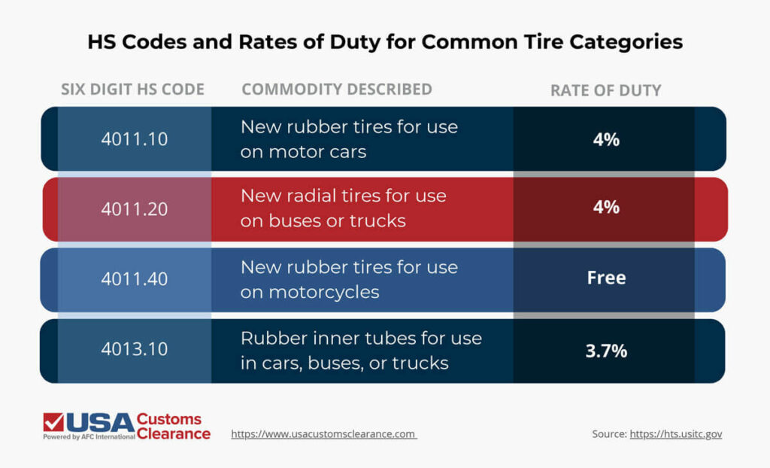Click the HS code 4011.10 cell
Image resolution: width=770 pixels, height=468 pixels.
[134, 139]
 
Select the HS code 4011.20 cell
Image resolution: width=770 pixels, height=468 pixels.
[134, 208]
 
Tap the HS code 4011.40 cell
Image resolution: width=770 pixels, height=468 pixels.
[134, 278]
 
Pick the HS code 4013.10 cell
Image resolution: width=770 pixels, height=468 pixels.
[134, 350]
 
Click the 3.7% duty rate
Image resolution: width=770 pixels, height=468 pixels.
[605, 351]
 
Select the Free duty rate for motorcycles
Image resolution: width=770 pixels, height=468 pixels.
[605, 278]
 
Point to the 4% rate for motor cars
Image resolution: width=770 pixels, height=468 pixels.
[605, 139]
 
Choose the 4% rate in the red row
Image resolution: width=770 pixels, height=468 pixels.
[605, 207]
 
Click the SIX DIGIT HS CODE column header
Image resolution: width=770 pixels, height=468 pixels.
[132, 90]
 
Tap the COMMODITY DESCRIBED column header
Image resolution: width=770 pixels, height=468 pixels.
[336, 90]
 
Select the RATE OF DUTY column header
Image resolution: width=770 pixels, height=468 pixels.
[605, 90]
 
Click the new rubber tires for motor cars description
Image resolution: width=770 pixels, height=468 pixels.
[349, 139]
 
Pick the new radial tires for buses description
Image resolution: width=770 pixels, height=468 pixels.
[343, 208]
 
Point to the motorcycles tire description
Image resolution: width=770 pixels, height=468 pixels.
[349, 279]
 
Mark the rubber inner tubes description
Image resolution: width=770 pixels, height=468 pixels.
[361, 351]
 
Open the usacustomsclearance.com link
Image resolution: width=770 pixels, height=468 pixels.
[323, 434]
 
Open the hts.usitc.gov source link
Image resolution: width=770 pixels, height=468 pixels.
[675, 434]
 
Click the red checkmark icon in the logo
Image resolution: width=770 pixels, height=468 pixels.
[53, 421]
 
